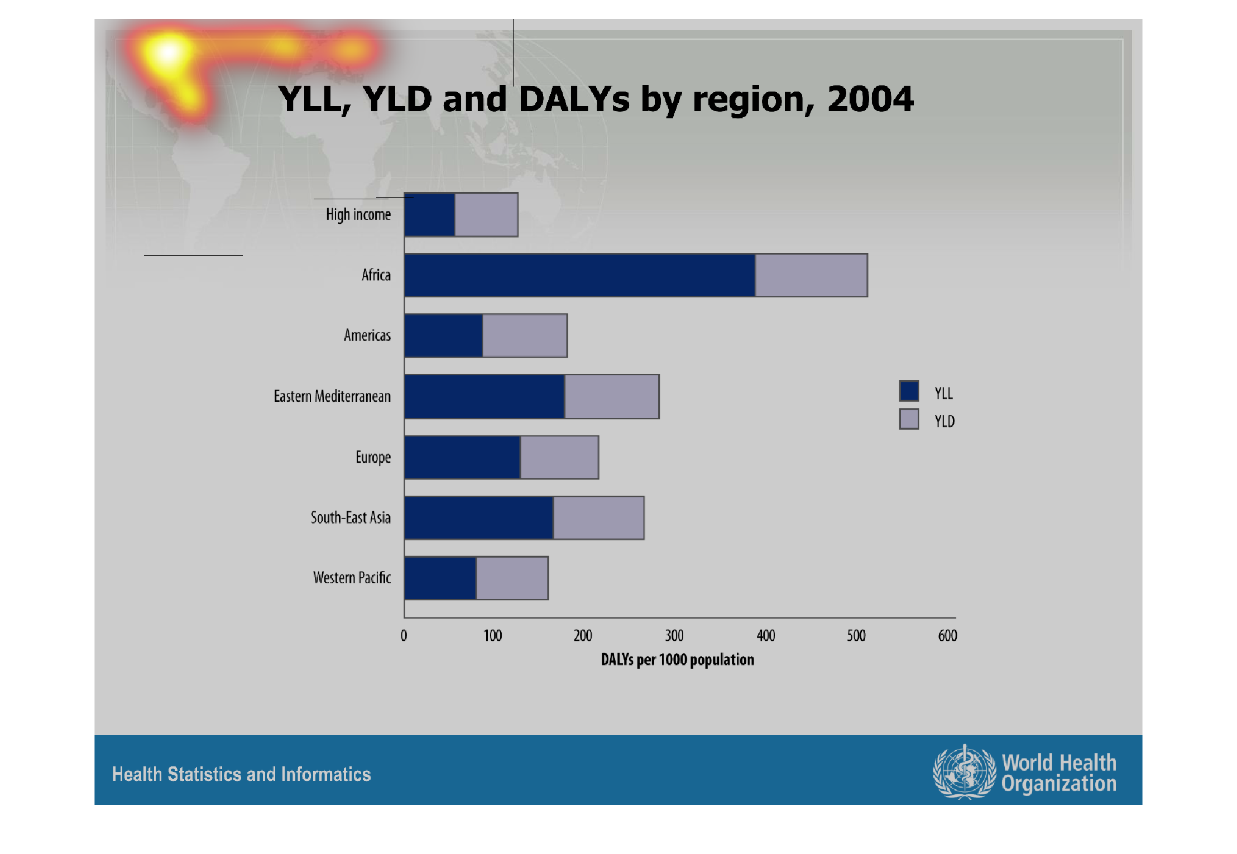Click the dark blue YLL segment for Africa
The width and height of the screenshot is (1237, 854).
579,275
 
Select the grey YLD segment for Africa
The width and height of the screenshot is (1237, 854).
811,275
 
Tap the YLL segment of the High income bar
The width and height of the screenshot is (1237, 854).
429,214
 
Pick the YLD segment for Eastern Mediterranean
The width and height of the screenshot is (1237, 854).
612,396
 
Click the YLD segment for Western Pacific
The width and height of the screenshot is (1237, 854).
512,578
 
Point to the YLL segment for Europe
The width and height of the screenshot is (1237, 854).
462,457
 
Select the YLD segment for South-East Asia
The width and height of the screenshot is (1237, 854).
598,518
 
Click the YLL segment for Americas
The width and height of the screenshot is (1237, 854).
443,335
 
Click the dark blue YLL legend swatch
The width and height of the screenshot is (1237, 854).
909,391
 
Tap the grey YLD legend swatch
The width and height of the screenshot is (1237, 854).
909,419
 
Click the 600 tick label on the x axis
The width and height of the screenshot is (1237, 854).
947,636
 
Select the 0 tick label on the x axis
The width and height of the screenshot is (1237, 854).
404,636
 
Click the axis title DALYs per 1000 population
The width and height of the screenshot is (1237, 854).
677,660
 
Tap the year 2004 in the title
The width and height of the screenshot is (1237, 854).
870,99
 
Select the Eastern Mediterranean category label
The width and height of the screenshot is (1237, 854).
332,396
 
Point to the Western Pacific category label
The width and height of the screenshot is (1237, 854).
352,578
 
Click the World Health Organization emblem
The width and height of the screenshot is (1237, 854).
964,772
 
